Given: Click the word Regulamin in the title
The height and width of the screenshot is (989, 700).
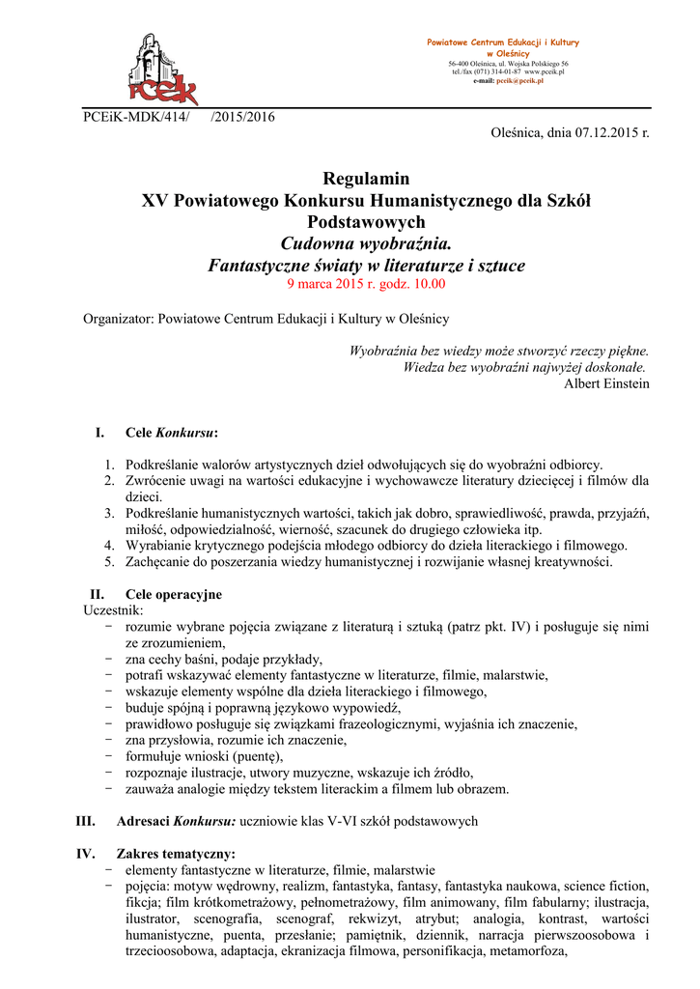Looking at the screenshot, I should pos(366,179).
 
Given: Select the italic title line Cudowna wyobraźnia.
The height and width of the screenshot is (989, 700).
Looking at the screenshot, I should pos(366,242).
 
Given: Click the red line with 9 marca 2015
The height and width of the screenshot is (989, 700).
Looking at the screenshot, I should pos(366,284).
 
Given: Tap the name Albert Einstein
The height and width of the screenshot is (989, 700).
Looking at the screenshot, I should pos(606,383).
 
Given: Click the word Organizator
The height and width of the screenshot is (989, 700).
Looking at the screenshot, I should pos(118,318).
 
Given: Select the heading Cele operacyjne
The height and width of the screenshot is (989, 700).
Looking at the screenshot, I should pos(174,594).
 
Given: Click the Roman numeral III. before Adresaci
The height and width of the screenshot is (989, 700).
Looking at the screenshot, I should pos(85,822).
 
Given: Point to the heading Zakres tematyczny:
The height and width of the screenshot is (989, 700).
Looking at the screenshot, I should pos(175,854).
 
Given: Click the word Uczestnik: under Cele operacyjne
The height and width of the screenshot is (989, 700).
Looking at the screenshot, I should pos(115,610).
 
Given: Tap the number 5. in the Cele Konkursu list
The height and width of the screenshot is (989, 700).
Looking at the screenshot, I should pos(110,561).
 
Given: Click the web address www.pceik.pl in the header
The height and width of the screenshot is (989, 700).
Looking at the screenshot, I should pos(545,71).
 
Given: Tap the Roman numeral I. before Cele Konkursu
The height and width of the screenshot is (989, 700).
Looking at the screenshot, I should pos(99,432).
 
